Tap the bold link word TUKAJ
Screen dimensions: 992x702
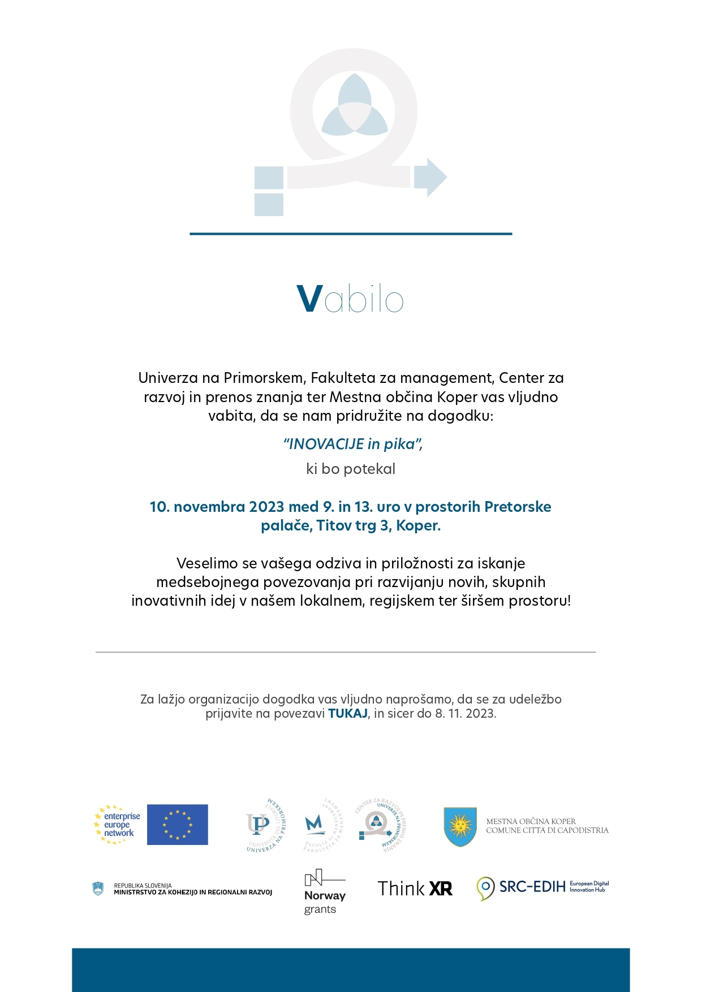click(x=348, y=714)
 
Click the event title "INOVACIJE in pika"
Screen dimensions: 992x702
click(x=353, y=444)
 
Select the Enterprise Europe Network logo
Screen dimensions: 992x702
click(x=118, y=825)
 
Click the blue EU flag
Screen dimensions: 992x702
click(x=177, y=825)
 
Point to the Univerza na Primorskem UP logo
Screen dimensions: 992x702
click(x=265, y=825)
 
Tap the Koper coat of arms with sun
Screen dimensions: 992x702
click(x=460, y=826)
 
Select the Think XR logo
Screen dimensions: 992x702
click(x=415, y=889)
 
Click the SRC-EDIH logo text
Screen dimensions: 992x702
click(x=532, y=887)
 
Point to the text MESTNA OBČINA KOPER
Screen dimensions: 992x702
click(x=531, y=821)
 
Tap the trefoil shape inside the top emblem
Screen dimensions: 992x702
click(x=354, y=107)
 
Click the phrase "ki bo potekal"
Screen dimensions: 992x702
click(x=351, y=469)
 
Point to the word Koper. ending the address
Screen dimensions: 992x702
click(x=418, y=525)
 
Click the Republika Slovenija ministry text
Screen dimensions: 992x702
click(x=192, y=889)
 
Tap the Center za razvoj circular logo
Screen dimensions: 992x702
click(x=381, y=825)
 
